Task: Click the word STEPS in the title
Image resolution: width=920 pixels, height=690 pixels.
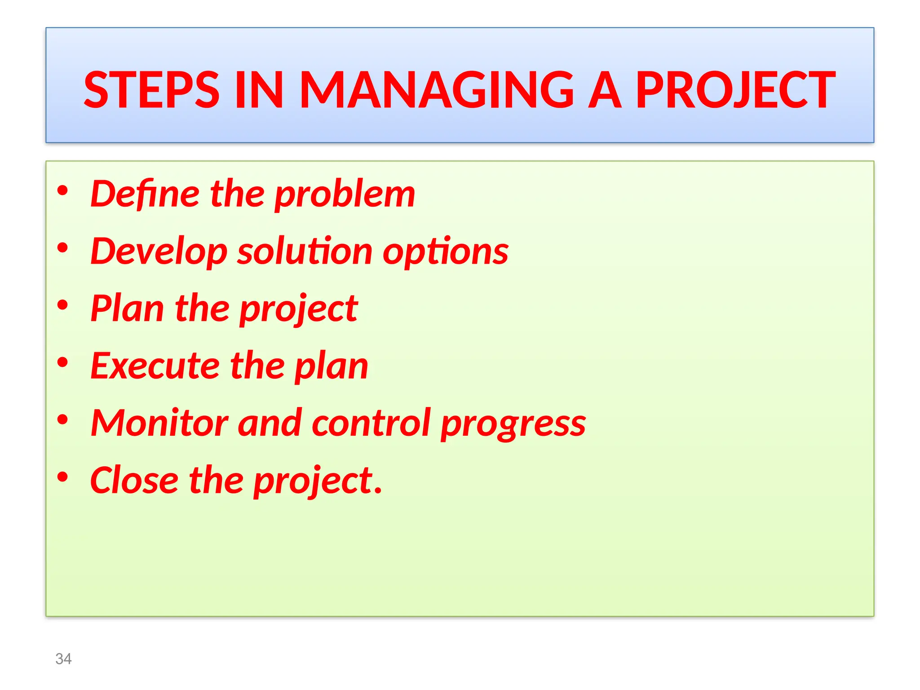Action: coord(151,90)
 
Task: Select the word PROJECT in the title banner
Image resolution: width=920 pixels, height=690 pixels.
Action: coord(735,90)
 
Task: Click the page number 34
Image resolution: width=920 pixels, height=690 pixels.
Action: coord(63,659)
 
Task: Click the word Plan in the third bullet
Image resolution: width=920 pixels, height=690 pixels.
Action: coord(127,309)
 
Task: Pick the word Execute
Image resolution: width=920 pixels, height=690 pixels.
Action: coord(155,366)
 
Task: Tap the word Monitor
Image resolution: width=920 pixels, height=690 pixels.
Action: coord(159,423)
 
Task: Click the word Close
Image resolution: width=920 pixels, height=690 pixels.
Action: coord(134,480)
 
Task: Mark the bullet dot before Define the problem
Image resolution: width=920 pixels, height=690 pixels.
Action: coord(62,190)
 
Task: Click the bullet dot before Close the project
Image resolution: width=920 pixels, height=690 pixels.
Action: coord(62,477)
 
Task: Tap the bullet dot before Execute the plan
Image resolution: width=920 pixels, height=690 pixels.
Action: coord(62,362)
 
